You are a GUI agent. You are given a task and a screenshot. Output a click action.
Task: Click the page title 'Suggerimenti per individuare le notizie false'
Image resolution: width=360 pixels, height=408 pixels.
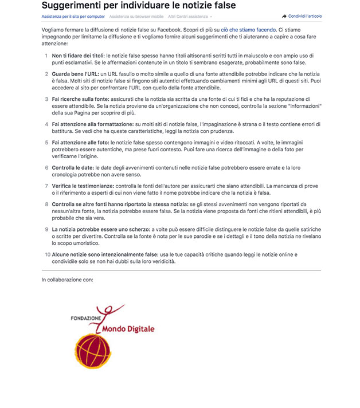click(x=138, y=6)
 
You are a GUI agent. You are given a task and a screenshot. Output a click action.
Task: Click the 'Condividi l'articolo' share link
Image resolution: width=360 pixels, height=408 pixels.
click(x=302, y=17)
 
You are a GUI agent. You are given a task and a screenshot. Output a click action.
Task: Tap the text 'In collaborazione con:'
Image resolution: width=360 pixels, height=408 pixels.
click(x=67, y=280)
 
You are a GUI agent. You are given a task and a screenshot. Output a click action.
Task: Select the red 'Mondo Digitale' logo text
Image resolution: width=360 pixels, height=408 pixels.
click(x=128, y=329)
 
